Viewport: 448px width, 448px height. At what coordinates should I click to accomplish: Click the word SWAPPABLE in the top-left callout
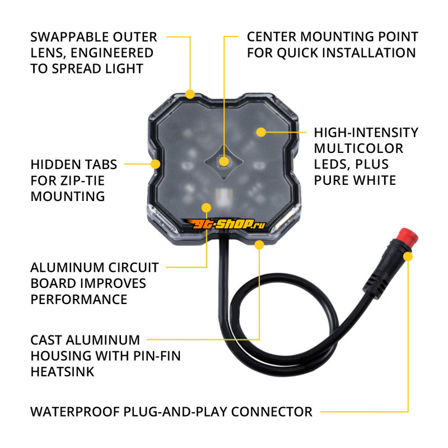[x=69, y=37]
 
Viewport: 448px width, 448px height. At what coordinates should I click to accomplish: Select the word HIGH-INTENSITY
[x=366, y=132]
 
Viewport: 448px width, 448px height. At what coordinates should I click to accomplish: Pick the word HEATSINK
[x=62, y=372]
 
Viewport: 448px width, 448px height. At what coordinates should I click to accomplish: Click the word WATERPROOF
[x=75, y=412]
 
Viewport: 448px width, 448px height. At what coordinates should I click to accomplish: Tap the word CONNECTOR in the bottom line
[x=272, y=412]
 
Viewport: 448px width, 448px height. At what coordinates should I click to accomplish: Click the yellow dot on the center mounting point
[x=225, y=162]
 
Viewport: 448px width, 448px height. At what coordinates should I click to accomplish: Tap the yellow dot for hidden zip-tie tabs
[x=156, y=164]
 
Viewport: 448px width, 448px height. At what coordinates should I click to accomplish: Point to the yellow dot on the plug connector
[x=408, y=256]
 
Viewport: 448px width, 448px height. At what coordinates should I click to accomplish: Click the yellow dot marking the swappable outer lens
[x=190, y=94]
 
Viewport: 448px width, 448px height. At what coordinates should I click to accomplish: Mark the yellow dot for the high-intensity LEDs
[x=261, y=132]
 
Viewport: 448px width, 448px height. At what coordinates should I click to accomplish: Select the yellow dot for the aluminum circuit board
[x=206, y=208]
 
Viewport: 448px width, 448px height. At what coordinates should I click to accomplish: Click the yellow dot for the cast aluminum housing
[x=259, y=245]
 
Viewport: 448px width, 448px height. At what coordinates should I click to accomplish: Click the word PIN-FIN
[x=157, y=356]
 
